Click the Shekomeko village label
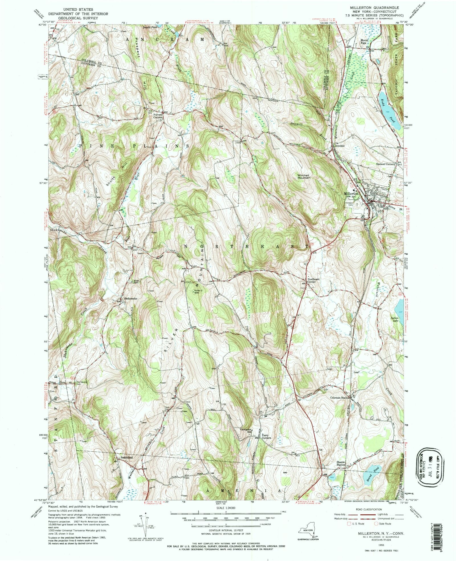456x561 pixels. tap(130, 298)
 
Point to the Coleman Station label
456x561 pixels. tap(339, 398)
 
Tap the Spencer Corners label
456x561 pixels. tap(385, 164)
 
